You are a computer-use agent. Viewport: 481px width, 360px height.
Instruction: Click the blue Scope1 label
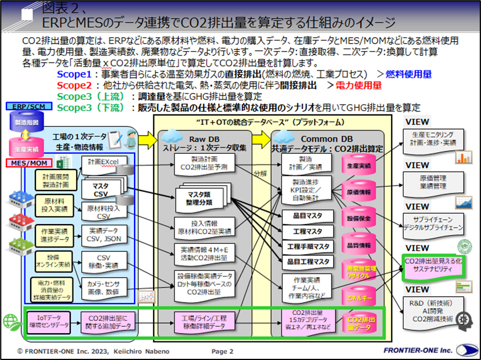[74, 75]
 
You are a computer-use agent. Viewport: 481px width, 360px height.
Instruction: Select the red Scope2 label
[74, 85]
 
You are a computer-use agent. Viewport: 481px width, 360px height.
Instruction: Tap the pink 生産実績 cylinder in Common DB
[358, 164]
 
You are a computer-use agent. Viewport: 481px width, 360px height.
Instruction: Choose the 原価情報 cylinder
[359, 191]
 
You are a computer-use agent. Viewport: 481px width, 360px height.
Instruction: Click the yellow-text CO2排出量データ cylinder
[359, 323]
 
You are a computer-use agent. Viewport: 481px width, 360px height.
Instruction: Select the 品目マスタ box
[308, 216]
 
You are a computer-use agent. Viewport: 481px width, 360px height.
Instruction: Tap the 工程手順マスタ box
[308, 247]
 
